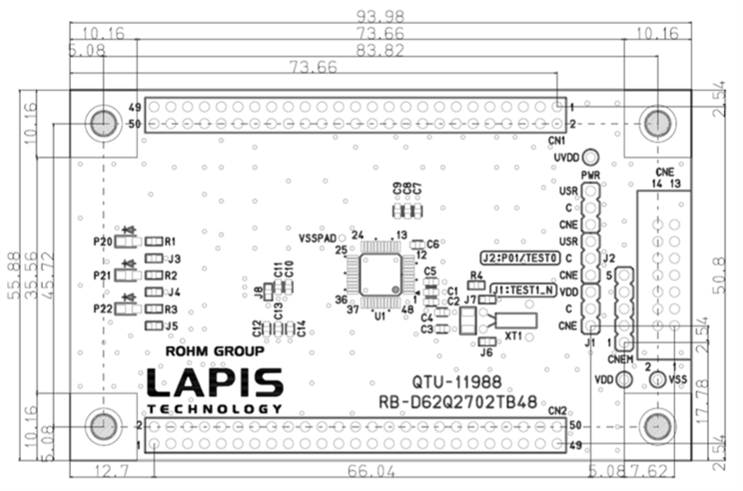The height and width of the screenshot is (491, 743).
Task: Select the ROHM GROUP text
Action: (x=214, y=352)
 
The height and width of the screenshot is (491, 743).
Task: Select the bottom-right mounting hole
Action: (x=656, y=425)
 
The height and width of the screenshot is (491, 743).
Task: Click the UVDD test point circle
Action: (x=592, y=157)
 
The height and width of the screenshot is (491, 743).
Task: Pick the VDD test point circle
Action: (x=623, y=380)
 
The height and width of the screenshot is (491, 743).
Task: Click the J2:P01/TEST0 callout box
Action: (x=519, y=258)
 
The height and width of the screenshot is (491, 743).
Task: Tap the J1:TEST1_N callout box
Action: (x=522, y=288)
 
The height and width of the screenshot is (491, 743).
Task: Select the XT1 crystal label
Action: (x=514, y=335)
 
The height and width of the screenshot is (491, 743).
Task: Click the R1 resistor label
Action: (x=171, y=241)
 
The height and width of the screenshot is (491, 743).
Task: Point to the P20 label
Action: (x=102, y=242)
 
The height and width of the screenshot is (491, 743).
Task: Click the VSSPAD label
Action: (x=316, y=238)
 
